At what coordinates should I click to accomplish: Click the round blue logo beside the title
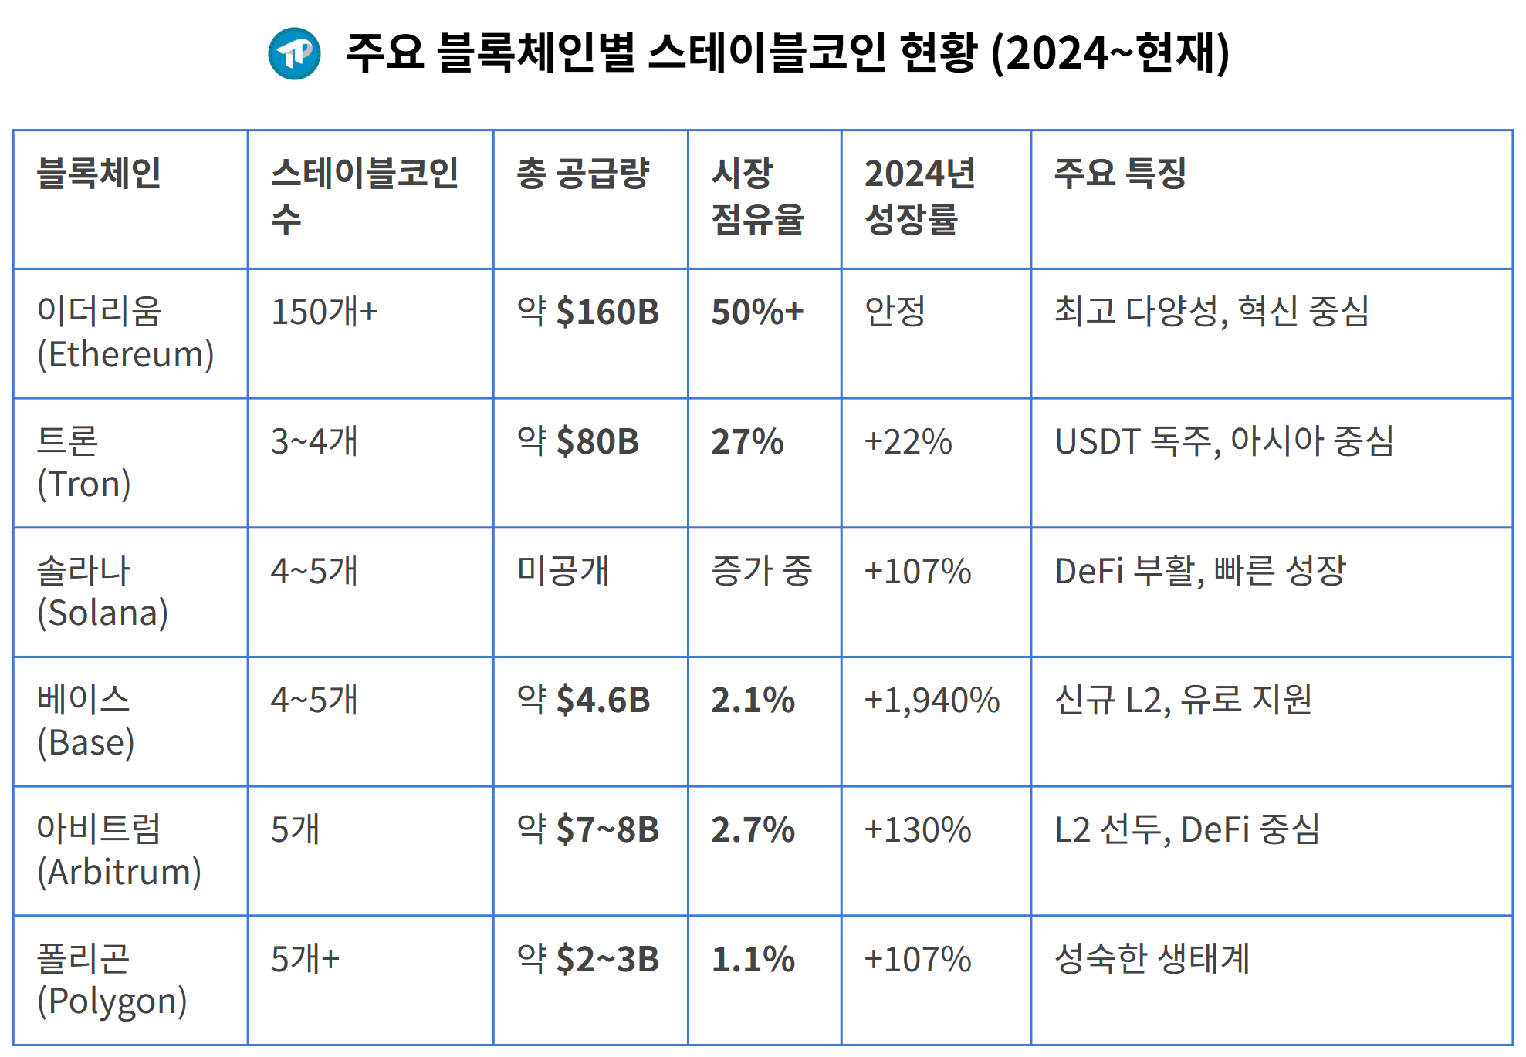click(294, 53)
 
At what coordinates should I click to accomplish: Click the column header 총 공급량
click(583, 173)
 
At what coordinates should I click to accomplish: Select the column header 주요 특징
click(1120, 173)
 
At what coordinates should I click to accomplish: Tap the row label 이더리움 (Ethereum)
click(125, 333)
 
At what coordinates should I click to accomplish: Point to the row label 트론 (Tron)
click(83, 462)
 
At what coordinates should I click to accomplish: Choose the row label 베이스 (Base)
click(85, 721)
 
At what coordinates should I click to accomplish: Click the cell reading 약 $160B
click(588, 312)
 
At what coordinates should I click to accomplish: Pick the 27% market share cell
click(747, 441)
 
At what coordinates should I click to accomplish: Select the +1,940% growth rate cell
click(932, 701)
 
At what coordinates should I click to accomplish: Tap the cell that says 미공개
click(563, 571)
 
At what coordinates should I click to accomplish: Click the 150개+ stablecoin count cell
click(324, 312)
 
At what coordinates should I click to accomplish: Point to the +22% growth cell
click(908, 441)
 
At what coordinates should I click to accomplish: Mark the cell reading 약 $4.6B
click(584, 701)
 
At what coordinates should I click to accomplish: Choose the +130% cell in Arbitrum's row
click(917, 830)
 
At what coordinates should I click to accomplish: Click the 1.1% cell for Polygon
click(753, 960)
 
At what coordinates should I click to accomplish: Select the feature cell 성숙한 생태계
click(1152, 960)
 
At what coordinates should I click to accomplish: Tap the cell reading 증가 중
click(761, 571)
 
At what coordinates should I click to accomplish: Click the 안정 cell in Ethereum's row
click(895, 312)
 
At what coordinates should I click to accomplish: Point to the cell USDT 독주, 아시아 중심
click(1224, 441)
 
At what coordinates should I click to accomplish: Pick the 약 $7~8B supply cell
click(588, 830)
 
